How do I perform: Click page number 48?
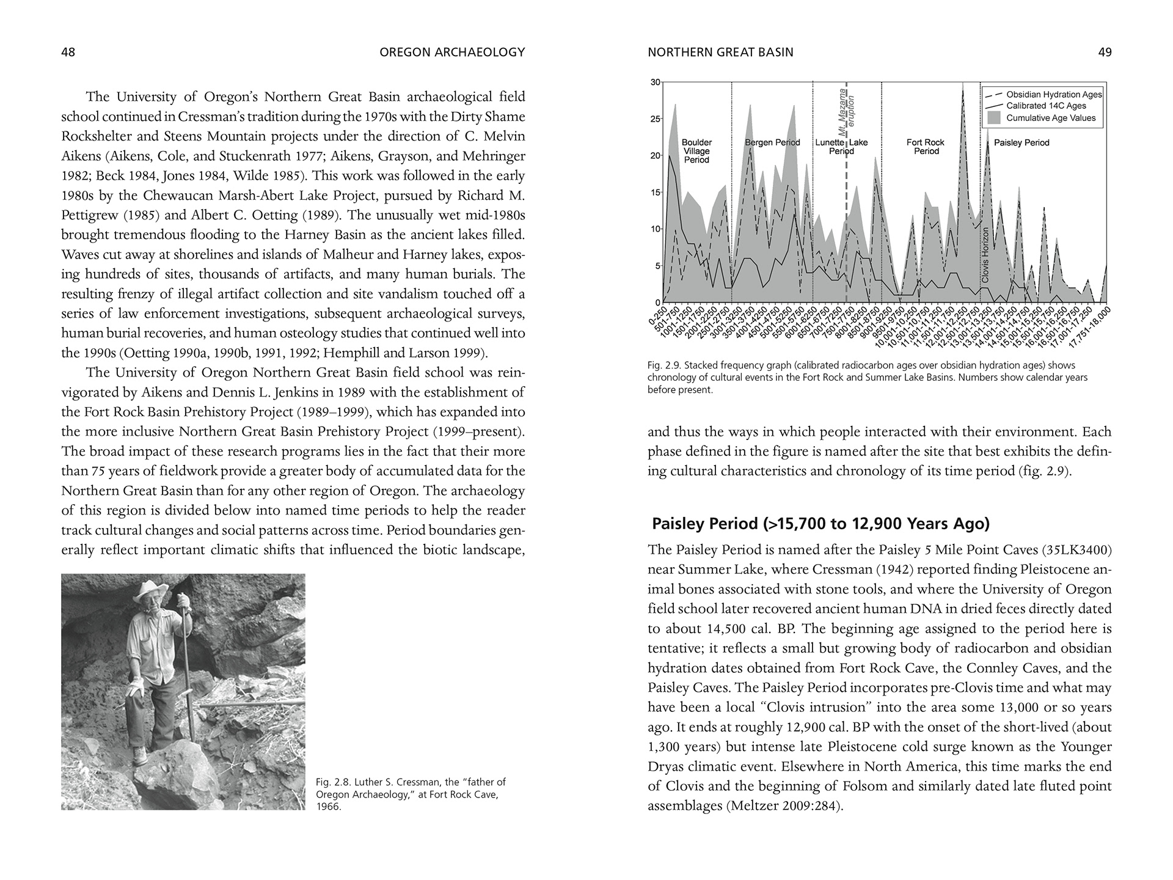pyautogui.click(x=68, y=53)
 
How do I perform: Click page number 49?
pyautogui.click(x=1105, y=53)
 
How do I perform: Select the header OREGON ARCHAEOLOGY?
pyautogui.click(x=452, y=53)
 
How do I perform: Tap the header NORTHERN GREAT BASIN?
pyautogui.click(x=720, y=53)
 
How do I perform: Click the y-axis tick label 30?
pyautogui.click(x=655, y=82)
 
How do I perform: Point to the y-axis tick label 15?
pyautogui.click(x=655, y=193)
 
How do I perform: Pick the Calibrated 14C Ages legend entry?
pyautogui.click(x=1046, y=106)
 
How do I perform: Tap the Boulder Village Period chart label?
pyautogui.click(x=696, y=151)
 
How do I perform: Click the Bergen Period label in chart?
pyautogui.click(x=772, y=142)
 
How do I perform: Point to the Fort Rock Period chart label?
pyautogui.click(x=926, y=147)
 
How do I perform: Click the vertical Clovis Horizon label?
pyautogui.click(x=984, y=255)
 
